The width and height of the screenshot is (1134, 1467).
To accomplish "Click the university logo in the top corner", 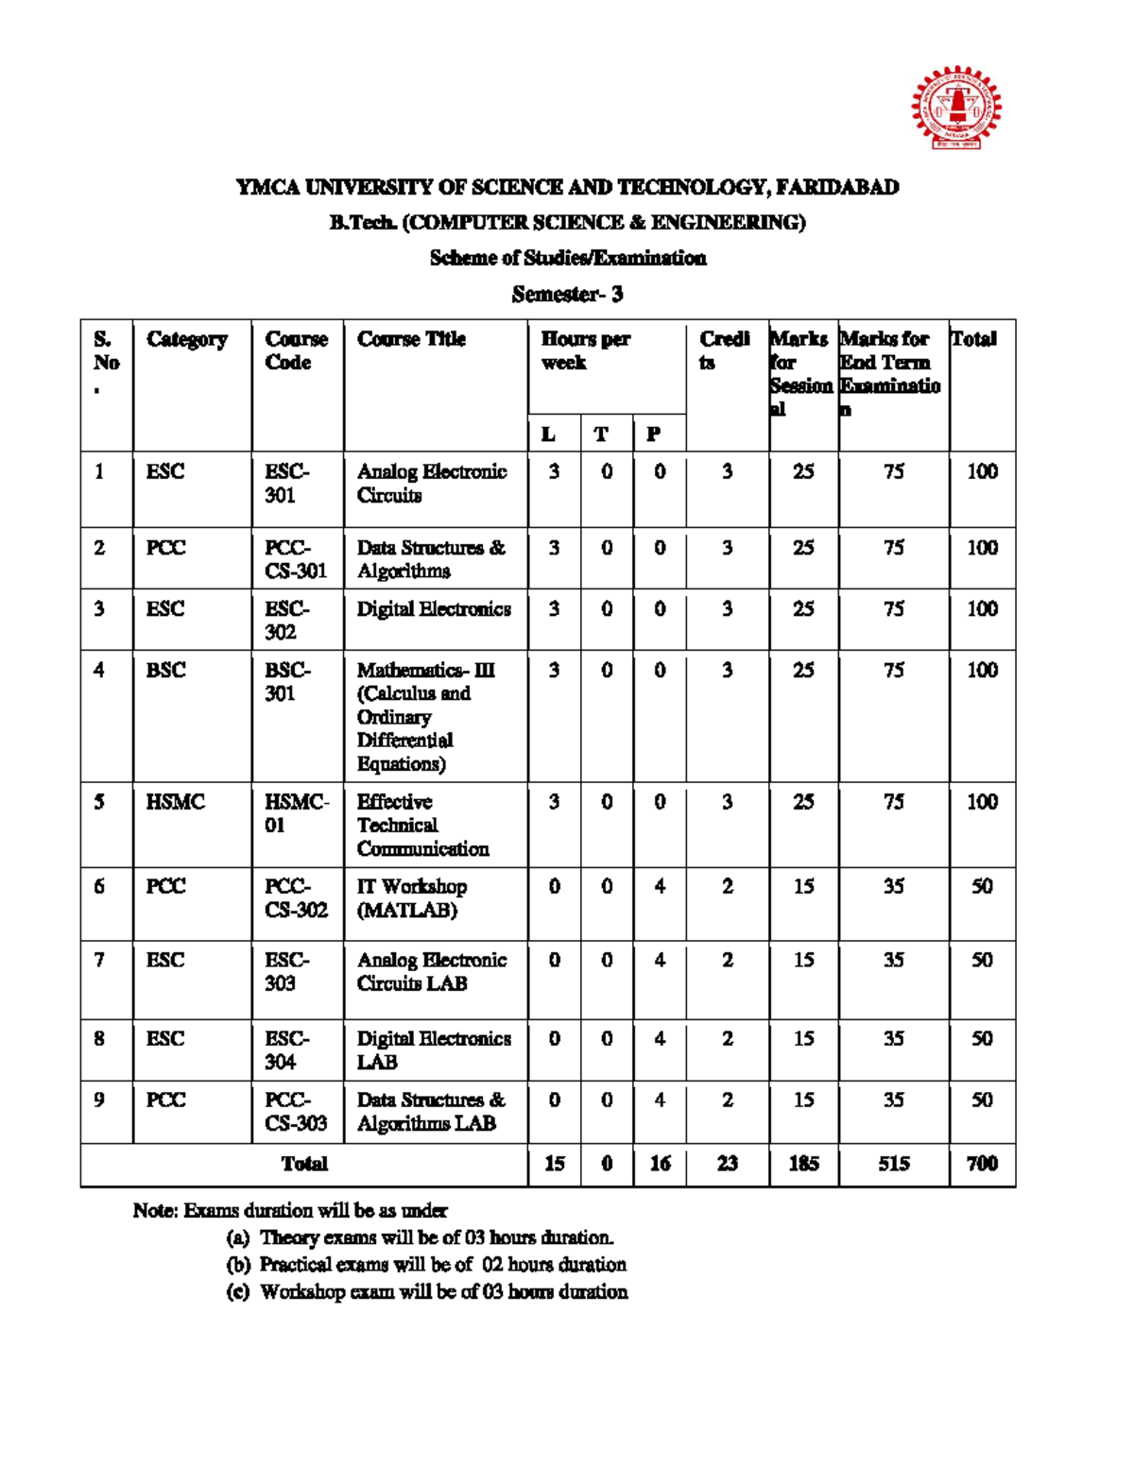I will tap(955, 108).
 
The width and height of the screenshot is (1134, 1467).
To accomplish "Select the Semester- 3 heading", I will tap(567, 295).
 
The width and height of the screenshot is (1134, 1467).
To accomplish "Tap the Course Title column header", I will tap(411, 339).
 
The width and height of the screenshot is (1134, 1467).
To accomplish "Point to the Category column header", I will tap(187, 339).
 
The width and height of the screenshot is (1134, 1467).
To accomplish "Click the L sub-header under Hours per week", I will tap(548, 435).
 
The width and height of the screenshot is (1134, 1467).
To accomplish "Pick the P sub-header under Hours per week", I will tap(653, 435).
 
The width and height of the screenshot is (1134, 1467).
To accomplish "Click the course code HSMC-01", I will tap(296, 813).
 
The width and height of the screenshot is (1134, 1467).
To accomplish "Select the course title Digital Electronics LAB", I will tap(433, 1049).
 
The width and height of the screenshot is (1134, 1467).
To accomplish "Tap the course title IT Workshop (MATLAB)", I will tap(411, 898).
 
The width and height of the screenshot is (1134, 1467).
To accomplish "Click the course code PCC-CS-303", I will tap(296, 1111).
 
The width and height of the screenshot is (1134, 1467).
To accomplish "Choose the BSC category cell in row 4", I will tap(166, 670).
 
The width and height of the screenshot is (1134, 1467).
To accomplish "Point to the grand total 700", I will tap(982, 1164).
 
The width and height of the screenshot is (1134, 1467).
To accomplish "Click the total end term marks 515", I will tap(893, 1164).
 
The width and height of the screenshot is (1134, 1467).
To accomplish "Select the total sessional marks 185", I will tap(803, 1164).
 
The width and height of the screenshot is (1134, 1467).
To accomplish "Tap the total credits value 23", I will tap(727, 1164).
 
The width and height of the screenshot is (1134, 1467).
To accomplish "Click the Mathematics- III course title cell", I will tap(425, 716).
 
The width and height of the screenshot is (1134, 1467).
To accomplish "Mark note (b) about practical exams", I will tap(425, 1265).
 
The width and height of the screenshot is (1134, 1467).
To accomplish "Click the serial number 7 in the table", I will tap(99, 960).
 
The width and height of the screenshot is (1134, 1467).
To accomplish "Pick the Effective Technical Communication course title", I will tap(422, 825).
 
